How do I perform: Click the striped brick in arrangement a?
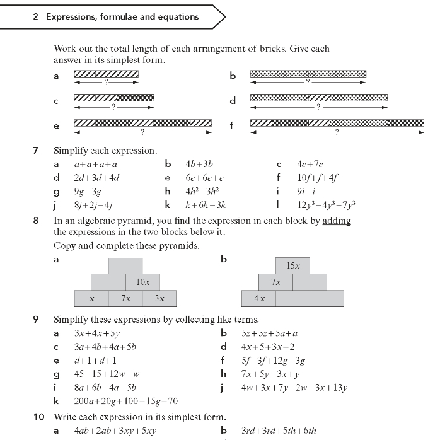tap(107, 74)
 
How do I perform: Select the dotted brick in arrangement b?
tap(308, 74)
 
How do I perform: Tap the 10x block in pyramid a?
tap(142, 282)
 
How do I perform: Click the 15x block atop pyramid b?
tap(293, 265)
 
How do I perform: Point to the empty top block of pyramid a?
tap(125, 265)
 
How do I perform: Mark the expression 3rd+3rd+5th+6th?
tap(279, 431)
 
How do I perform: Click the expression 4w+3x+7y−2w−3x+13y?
tap(294, 388)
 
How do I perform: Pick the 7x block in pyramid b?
tap(276, 282)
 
